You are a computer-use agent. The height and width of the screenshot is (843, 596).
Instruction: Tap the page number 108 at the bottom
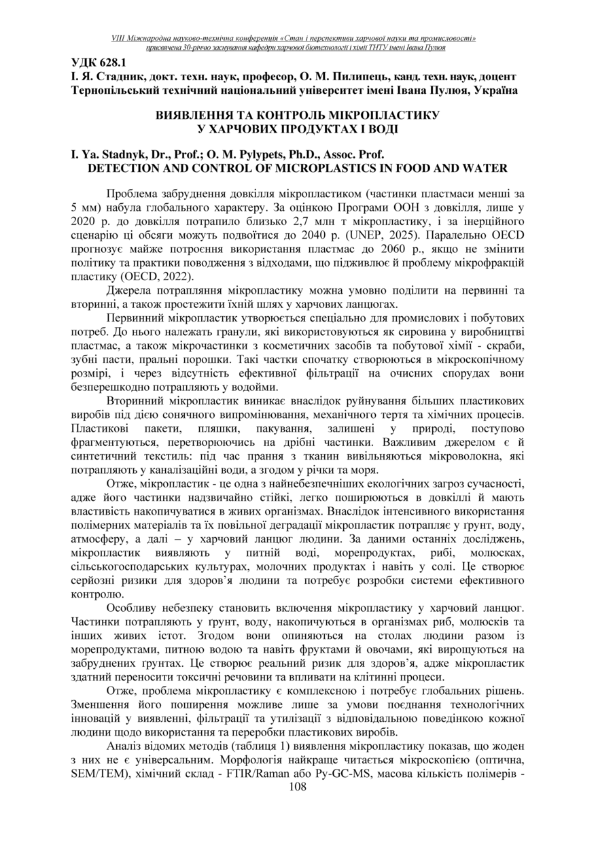point(298,787)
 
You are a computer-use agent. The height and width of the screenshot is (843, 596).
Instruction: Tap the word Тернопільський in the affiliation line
point(114,90)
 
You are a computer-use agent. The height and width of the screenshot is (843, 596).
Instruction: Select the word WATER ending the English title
point(486,167)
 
